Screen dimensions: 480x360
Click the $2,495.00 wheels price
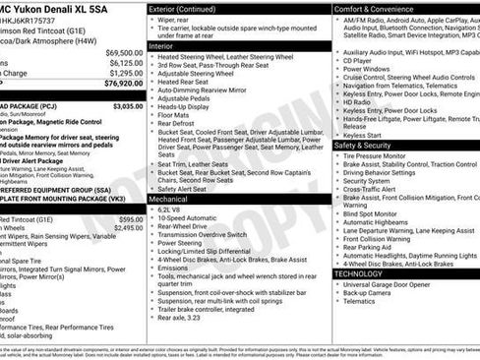click(x=128, y=227)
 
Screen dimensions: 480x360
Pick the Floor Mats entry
click(x=175, y=116)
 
